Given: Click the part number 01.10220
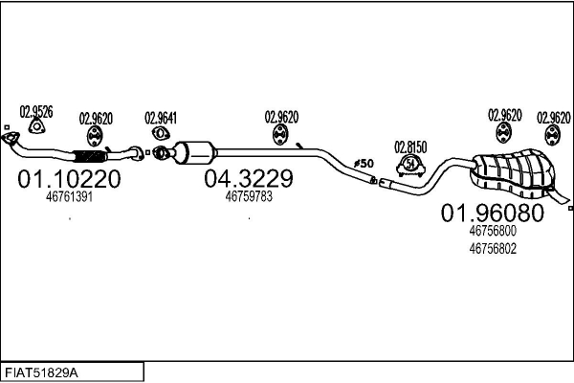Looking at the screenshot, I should [x=69, y=179].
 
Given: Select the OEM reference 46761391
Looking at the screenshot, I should [x=69, y=197].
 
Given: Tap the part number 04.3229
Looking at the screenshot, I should [x=248, y=179].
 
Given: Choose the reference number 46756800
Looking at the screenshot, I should [x=493, y=231].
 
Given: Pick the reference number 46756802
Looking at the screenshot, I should [x=493, y=247].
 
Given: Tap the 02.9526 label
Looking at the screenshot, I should [x=36, y=112].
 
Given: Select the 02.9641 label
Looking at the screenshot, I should [x=161, y=118].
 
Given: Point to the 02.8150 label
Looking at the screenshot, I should [x=410, y=146].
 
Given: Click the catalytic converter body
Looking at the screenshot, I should [x=198, y=151].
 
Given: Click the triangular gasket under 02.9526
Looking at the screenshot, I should [x=36, y=129].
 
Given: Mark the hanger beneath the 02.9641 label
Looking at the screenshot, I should [x=160, y=135].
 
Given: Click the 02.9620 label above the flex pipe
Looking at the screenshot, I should [x=96, y=118].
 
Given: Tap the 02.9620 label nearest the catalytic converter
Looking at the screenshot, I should [x=281, y=117].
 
